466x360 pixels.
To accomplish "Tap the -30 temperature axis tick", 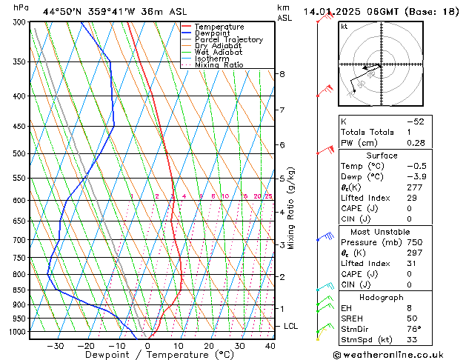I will point(55,345).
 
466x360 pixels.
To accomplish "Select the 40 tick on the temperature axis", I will point(270,345).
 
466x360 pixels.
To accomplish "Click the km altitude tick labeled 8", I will point(282,74).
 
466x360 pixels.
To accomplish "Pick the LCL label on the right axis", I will point(291,326).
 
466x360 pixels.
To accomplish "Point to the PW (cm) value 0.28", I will point(415,142).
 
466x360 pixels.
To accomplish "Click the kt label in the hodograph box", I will point(344,27).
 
